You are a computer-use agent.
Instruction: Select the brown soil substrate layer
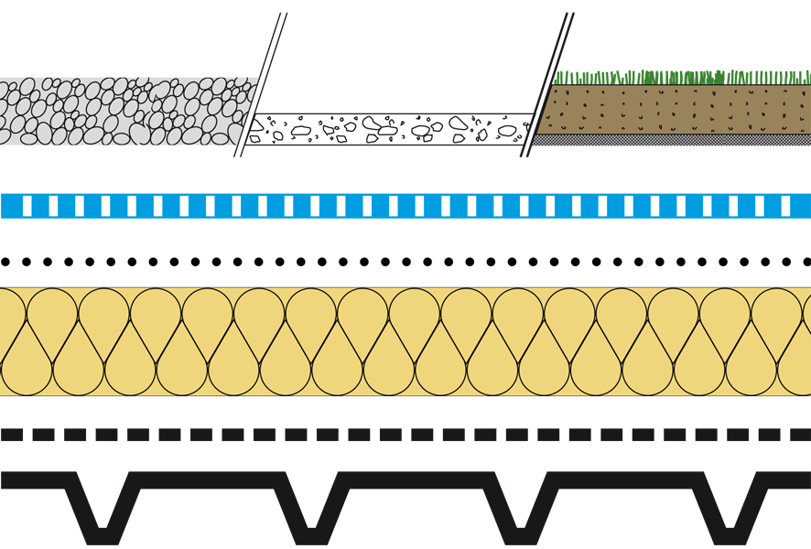[x=677, y=110]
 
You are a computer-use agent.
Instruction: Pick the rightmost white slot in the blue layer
[x=785, y=205]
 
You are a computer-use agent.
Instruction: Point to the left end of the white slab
[x=252, y=130]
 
